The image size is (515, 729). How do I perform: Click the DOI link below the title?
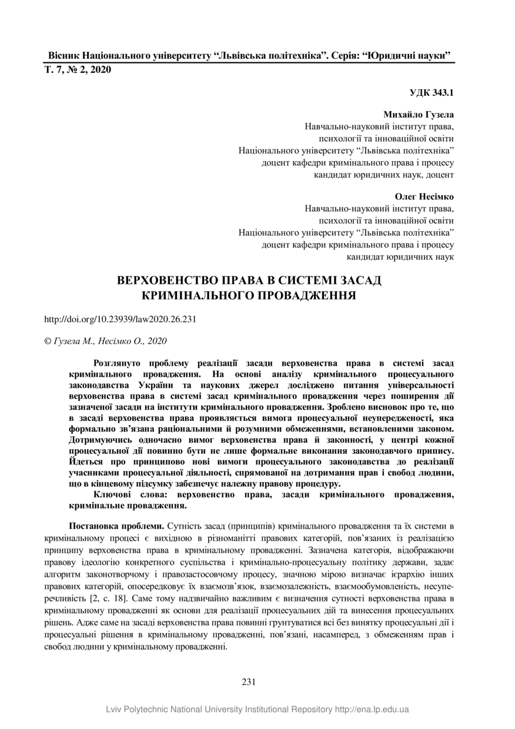click(x=120, y=320)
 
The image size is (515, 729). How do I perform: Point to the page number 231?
click(x=249, y=682)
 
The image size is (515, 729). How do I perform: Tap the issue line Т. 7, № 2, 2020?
click(x=78, y=70)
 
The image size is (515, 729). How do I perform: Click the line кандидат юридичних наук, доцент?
click(x=384, y=175)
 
